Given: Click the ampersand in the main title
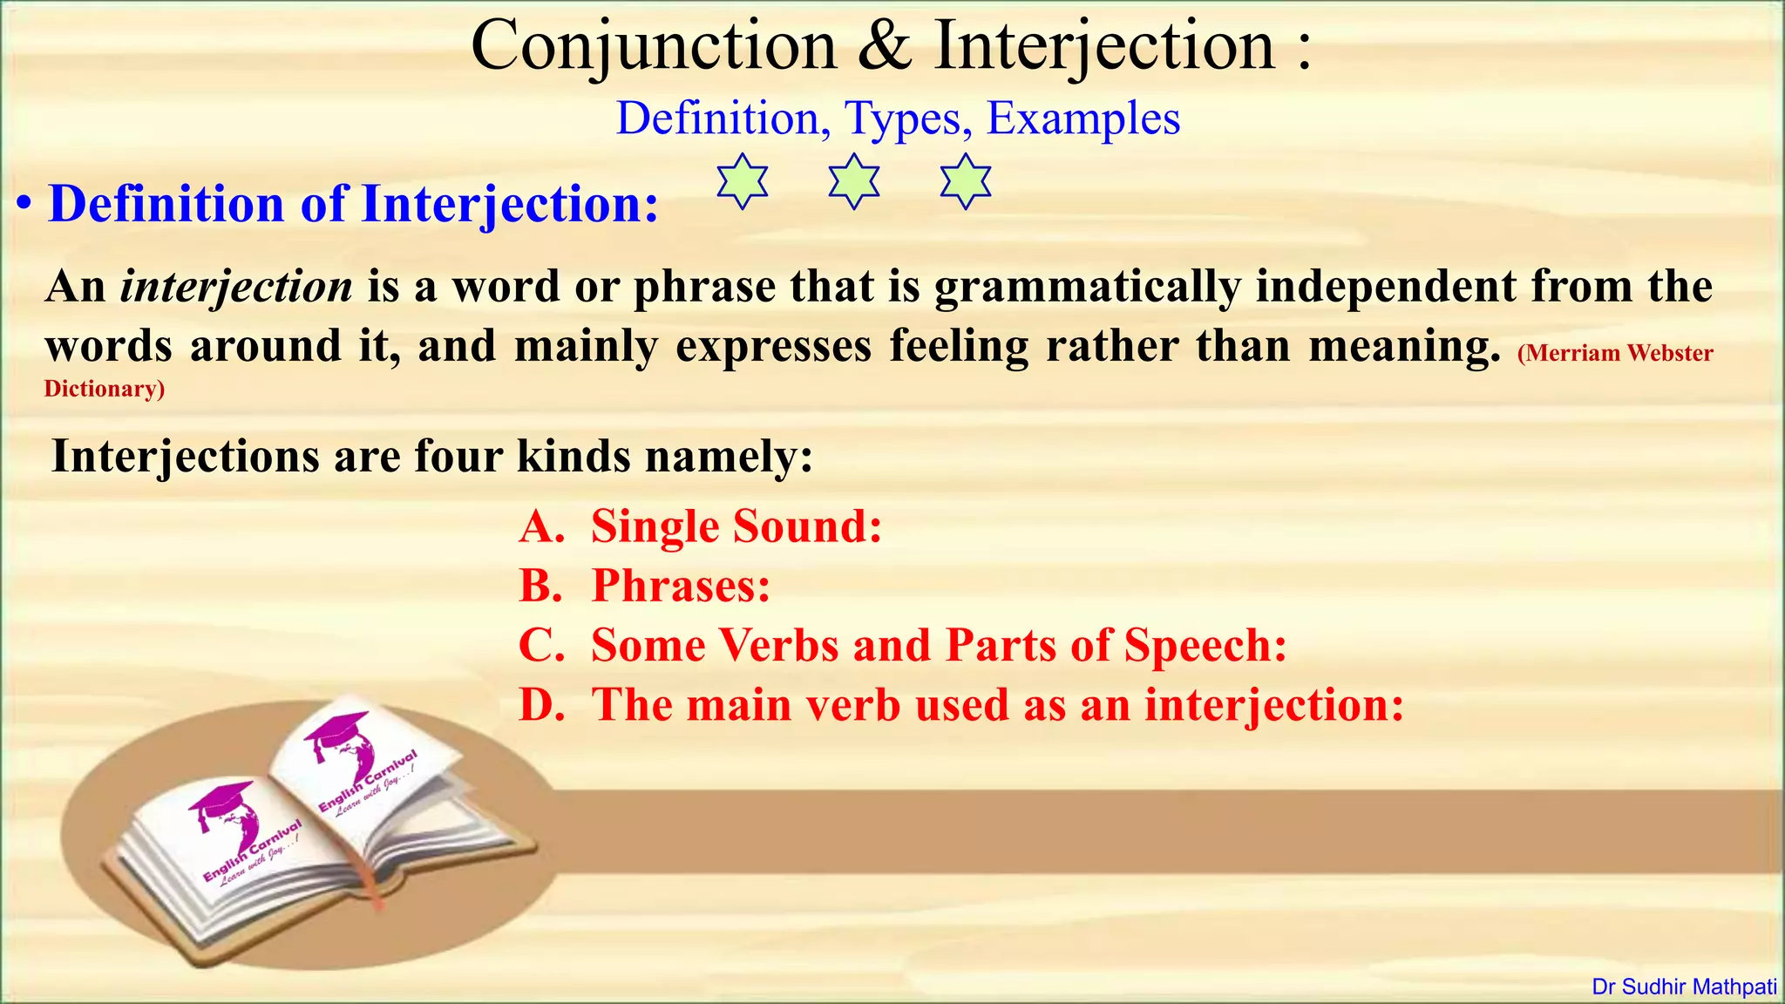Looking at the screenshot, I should point(885,45).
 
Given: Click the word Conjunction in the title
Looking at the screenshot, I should point(654,45).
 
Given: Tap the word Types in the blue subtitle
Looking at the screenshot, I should point(908,119).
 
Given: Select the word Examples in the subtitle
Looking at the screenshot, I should point(1083,119).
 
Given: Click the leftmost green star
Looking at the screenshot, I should point(743,181).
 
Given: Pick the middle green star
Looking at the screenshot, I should point(854,181).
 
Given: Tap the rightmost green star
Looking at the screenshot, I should point(966,181).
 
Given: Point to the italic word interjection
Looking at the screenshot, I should point(236,287).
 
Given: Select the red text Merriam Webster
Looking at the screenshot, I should point(1615,353).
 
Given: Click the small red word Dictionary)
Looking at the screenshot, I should point(105,389).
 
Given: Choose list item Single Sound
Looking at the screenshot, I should point(736,526).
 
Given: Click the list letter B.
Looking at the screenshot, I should point(540,586).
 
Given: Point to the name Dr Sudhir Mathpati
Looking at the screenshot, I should point(1684,987).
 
